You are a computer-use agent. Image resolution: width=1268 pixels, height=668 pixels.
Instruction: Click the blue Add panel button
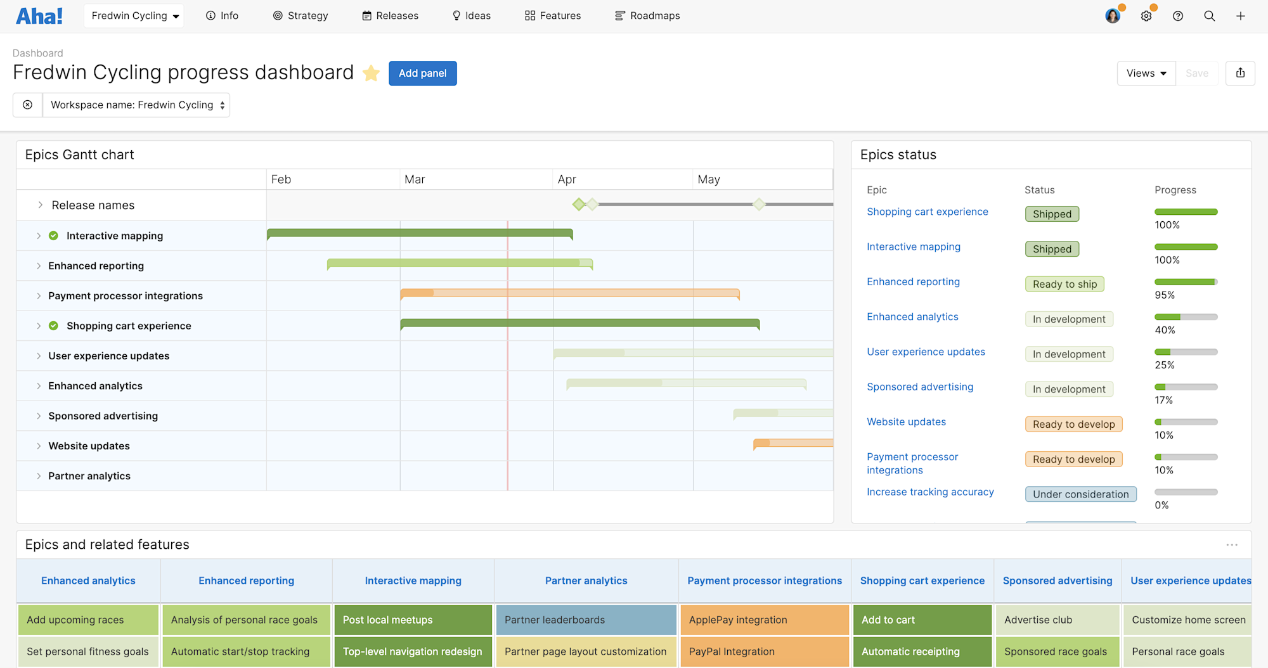click(422, 74)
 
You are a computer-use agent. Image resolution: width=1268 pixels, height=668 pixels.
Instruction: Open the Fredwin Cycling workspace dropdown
click(134, 16)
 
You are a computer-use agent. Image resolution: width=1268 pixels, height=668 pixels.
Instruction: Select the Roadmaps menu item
click(647, 16)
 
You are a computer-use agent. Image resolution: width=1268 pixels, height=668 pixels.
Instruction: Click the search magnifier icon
click(1209, 16)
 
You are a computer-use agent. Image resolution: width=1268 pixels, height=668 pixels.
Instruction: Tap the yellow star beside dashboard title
click(371, 74)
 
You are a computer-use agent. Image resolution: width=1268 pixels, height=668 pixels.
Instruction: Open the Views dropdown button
click(1146, 74)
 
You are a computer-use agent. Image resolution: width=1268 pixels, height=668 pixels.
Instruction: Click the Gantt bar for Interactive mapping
click(420, 234)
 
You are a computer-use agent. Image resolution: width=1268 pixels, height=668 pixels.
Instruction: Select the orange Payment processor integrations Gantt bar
click(569, 293)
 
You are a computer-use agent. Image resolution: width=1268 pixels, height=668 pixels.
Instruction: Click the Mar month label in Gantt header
click(415, 179)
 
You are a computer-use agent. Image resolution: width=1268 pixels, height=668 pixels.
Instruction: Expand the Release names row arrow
click(40, 205)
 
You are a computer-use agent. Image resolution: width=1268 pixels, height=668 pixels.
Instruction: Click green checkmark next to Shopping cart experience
click(54, 326)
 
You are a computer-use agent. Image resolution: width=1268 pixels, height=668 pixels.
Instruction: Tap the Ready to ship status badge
click(1064, 285)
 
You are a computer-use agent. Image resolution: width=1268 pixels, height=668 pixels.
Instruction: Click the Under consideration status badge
click(1080, 494)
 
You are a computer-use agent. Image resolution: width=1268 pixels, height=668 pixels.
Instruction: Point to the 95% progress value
click(1165, 295)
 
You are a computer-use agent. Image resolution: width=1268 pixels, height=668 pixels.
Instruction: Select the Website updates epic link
click(906, 422)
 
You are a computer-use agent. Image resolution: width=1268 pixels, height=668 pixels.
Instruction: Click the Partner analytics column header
click(586, 581)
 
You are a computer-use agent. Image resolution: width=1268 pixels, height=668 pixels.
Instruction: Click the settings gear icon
click(1146, 16)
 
